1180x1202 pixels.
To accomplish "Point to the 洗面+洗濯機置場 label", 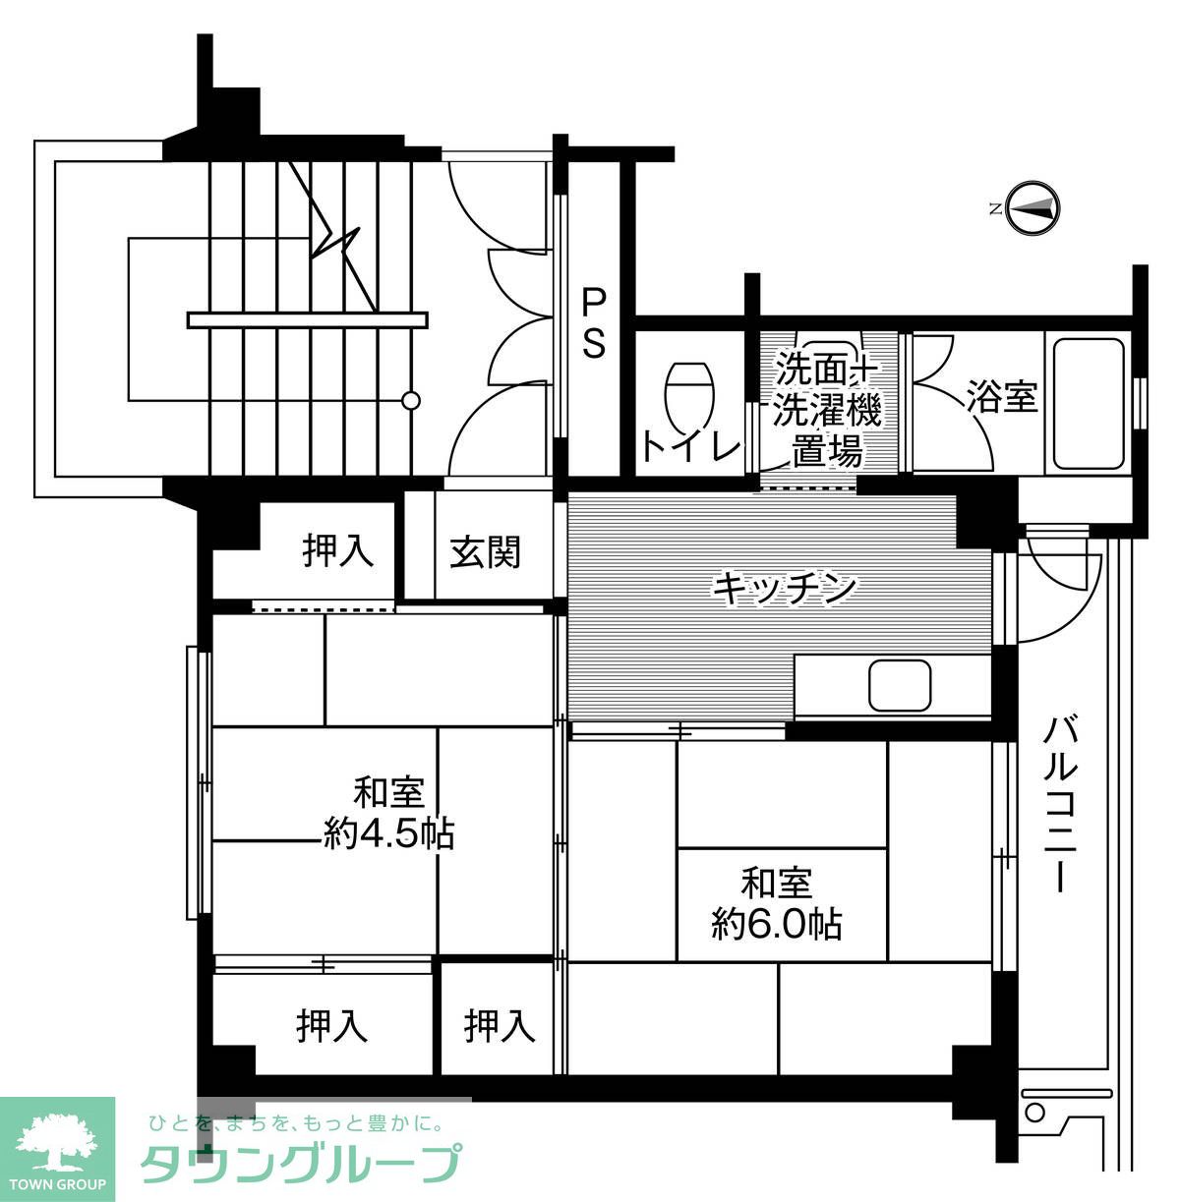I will click(826, 410).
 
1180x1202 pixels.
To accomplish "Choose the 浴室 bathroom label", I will click(1002, 397).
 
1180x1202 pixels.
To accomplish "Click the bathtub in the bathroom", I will click(1089, 404).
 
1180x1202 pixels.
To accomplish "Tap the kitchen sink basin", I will click(900, 684).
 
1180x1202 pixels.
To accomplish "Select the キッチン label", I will click(785, 589).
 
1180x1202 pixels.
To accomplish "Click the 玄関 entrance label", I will click(486, 552).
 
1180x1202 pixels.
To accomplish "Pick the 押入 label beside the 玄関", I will click(338, 550).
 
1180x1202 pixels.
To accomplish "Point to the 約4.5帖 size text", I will click(389, 834).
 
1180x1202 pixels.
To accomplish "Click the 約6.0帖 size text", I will click(777, 924).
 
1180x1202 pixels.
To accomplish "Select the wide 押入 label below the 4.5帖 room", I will click(332, 1026).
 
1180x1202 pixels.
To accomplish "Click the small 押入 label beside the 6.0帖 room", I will click(500, 1026).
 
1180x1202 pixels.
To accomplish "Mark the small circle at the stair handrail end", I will click(411, 400).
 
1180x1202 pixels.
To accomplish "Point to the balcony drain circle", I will click(1034, 1113).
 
